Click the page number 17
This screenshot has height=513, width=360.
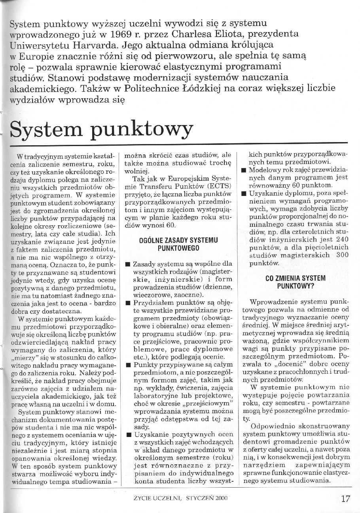coord(345,498)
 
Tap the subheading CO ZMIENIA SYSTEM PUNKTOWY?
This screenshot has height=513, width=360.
coord(295,281)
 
